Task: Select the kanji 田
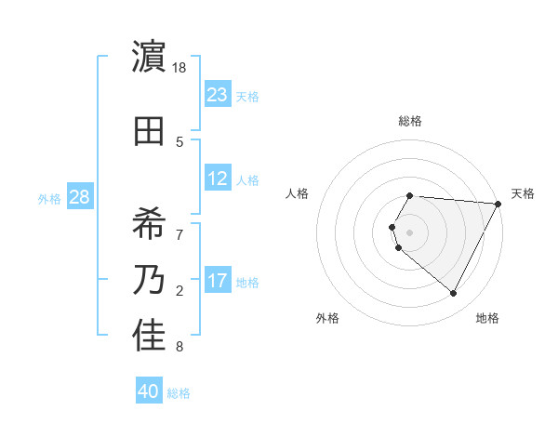150,131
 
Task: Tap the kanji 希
150,221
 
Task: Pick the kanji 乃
150,280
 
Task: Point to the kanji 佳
150,337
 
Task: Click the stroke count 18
180,68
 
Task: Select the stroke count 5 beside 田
179,142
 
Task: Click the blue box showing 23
218,94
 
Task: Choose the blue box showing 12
218,179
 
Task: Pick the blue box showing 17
218,281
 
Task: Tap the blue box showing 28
79,197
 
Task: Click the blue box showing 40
149,391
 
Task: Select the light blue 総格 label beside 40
179,393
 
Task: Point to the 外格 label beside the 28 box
49,199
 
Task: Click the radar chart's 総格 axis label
410,121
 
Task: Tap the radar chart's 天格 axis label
523,193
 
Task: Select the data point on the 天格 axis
498,204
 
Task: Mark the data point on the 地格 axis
454,294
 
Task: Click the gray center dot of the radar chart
410,232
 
